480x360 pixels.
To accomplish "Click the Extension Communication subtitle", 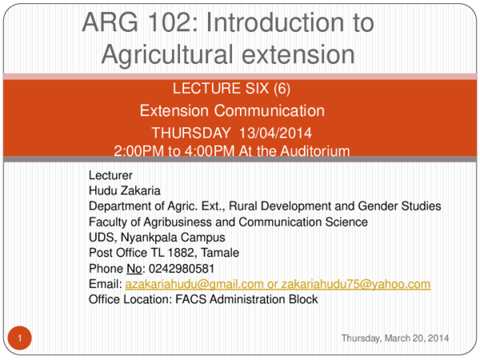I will pyautogui.click(x=232, y=111).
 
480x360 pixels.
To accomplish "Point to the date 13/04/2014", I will pyautogui.click(x=274, y=132).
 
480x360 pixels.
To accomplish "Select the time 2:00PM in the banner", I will pyautogui.click(x=140, y=150).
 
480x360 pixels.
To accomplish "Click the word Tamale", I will pyautogui.click(x=222, y=253).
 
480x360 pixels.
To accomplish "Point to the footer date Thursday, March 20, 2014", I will pyautogui.click(x=395, y=339).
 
